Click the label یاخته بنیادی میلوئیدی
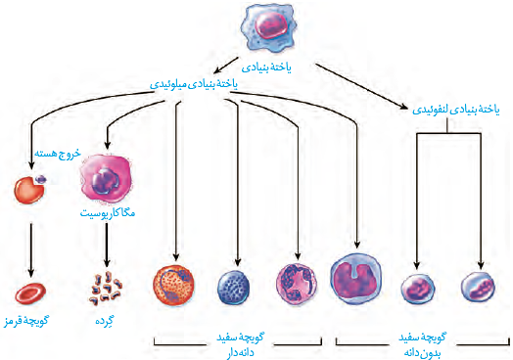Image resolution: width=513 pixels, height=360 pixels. tap(194, 84)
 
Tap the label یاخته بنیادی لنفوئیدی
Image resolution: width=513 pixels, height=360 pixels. tap(456, 110)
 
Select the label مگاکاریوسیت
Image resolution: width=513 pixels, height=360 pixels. tap(108, 213)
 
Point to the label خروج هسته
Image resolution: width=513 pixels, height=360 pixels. tap(58, 154)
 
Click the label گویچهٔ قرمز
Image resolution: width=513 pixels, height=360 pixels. tap(25, 321)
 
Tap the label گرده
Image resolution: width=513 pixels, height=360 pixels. tap(105, 321)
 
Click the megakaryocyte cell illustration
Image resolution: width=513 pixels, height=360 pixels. tap(106, 177)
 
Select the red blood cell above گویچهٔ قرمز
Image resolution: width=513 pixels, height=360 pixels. tap(30, 293)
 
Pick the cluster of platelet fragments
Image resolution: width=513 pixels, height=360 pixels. tap(106, 289)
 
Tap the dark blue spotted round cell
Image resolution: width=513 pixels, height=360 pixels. tap(233, 288)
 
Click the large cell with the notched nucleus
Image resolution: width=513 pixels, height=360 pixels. tap(355, 279)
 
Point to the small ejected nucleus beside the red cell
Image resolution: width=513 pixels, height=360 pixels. tap(41, 179)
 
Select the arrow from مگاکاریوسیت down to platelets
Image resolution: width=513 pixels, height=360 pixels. tap(107, 245)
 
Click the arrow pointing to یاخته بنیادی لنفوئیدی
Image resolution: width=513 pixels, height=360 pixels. tap(361, 87)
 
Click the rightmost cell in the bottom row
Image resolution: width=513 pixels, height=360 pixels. tap(478, 287)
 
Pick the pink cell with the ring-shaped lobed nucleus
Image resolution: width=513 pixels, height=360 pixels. tap(297, 284)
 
